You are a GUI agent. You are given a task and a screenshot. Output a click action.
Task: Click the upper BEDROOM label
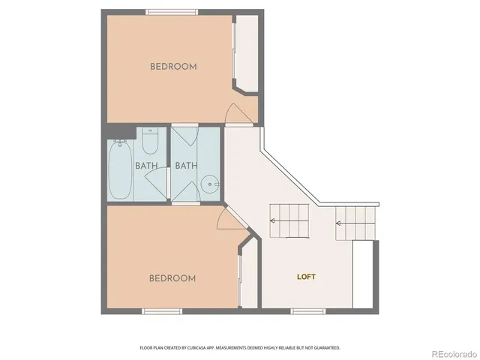[173, 66]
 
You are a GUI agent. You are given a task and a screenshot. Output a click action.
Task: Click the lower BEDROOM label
[172, 278]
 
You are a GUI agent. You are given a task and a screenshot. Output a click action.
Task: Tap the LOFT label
[306, 277]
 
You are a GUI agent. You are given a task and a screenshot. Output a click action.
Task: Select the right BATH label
[185, 166]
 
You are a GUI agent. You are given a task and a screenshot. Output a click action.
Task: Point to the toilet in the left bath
[149, 140]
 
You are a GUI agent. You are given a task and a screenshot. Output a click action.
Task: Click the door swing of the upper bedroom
[238, 114]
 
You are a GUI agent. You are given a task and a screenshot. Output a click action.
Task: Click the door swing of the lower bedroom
[226, 219]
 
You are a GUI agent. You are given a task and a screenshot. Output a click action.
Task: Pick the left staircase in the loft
[289, 221]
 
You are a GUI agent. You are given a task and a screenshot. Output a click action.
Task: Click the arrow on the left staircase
[272, 220]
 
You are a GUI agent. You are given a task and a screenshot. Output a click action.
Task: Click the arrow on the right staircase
[339, 223]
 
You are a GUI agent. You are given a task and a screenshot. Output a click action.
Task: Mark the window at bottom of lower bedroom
[163, 310]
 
